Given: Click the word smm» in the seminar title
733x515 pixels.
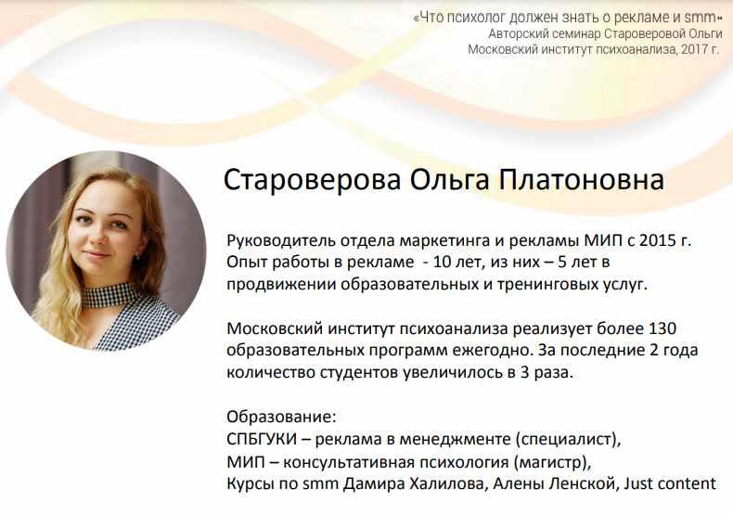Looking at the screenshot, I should [706, 16].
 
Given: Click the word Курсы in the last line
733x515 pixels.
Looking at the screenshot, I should [251, 483].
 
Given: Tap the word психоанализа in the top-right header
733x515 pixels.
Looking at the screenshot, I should [632, 49].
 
